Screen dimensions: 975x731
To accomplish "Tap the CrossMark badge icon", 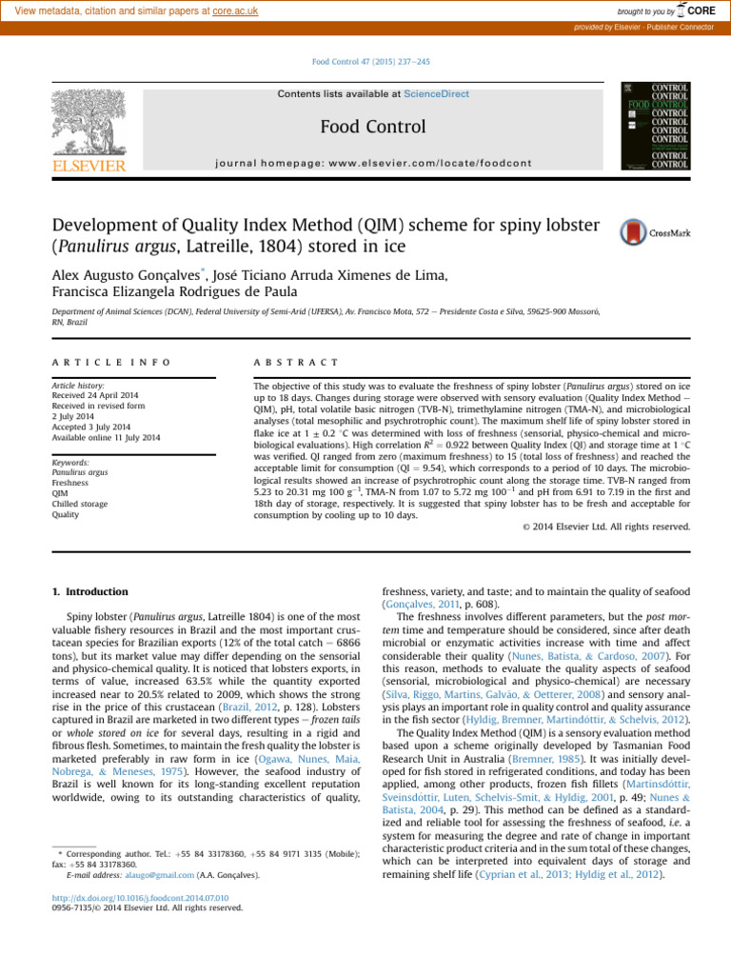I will click(x=637, y=233).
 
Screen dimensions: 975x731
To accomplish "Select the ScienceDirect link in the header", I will click(x=436, y=94).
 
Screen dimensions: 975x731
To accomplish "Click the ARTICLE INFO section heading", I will click(x=111, y=363).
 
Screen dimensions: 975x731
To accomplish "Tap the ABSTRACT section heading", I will click(x=296, y=363).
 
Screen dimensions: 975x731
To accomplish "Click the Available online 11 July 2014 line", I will click(x=106, y=438).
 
